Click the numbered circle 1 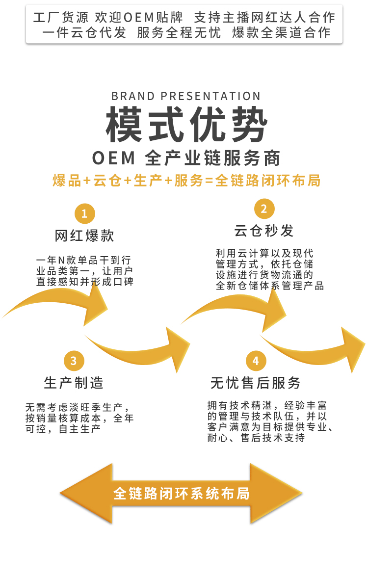84,213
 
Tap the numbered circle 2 264,209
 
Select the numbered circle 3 74,361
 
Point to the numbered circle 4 255,361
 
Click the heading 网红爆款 84,236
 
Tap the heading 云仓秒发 264,231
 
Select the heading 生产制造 74,383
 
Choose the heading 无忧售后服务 255,383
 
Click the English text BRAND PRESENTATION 186,96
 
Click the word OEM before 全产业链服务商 113,158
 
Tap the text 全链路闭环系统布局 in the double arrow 182,493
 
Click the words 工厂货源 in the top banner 61,18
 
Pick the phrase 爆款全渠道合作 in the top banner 281,33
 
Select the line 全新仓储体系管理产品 270,286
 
